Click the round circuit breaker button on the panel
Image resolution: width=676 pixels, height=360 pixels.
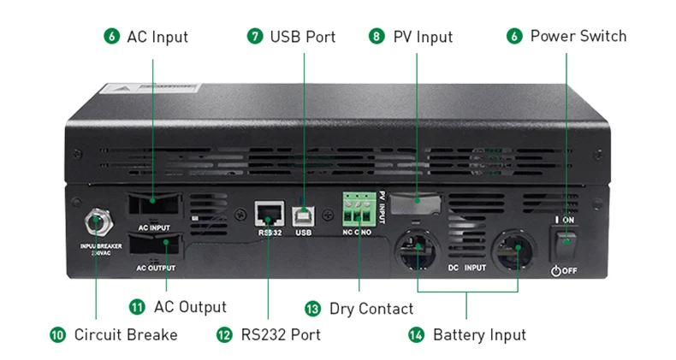tap(96, 224)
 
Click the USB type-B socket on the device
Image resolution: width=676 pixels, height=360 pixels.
tap(303, 214)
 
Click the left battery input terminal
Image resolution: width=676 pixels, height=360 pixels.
tap(417, 250)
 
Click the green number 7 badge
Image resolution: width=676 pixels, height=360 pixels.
tap(255, 37)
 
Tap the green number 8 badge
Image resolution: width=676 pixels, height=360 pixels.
tap(377, 37)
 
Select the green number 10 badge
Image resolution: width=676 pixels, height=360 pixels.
tap(57, 334)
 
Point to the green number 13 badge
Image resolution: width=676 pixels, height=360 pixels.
tap(312, 308)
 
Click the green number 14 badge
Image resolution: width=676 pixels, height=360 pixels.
tap(416, 334)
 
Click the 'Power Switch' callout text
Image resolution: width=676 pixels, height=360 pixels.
tap(578, 36)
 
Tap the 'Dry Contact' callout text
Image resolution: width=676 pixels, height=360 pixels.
tap(371, 308)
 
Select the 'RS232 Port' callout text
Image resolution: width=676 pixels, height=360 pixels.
tap(281, 334)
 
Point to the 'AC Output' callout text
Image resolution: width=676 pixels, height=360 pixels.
tap(190, 306)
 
